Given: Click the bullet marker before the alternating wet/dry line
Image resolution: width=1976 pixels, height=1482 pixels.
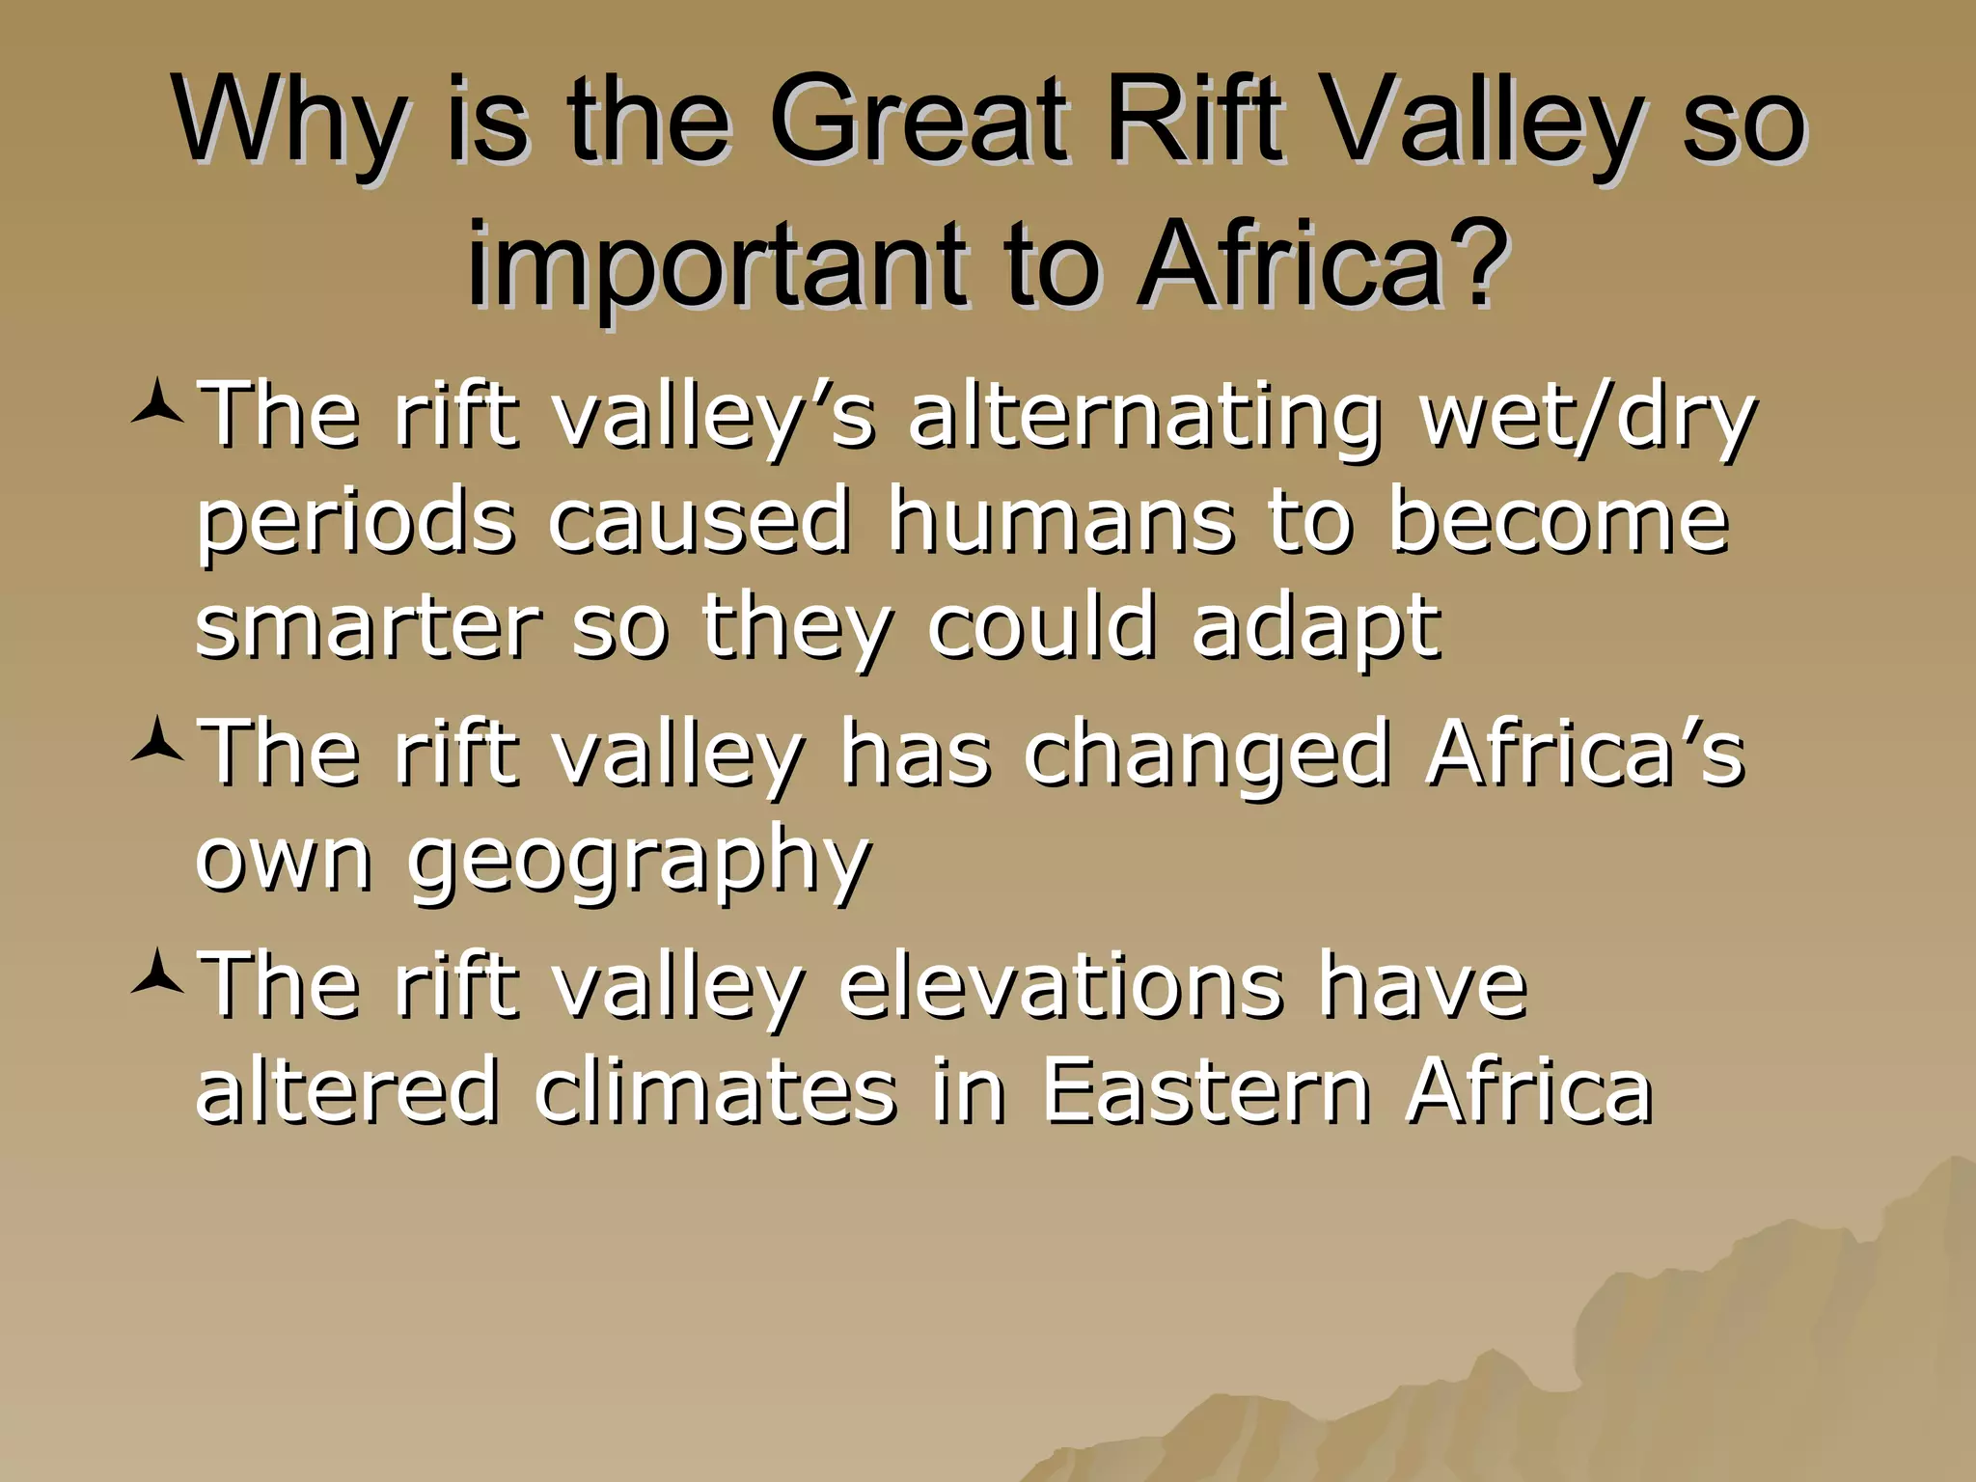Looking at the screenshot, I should [x=156, y=408].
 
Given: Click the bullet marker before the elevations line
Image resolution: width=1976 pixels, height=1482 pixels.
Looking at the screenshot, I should [x=156, y=977].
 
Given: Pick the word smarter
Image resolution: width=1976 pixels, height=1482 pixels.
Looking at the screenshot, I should [x=368, y=627].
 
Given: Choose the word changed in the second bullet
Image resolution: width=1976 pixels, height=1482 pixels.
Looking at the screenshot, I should [x=1206, y=753].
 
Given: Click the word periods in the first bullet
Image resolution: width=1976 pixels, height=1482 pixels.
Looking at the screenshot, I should [x=355, y=523].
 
